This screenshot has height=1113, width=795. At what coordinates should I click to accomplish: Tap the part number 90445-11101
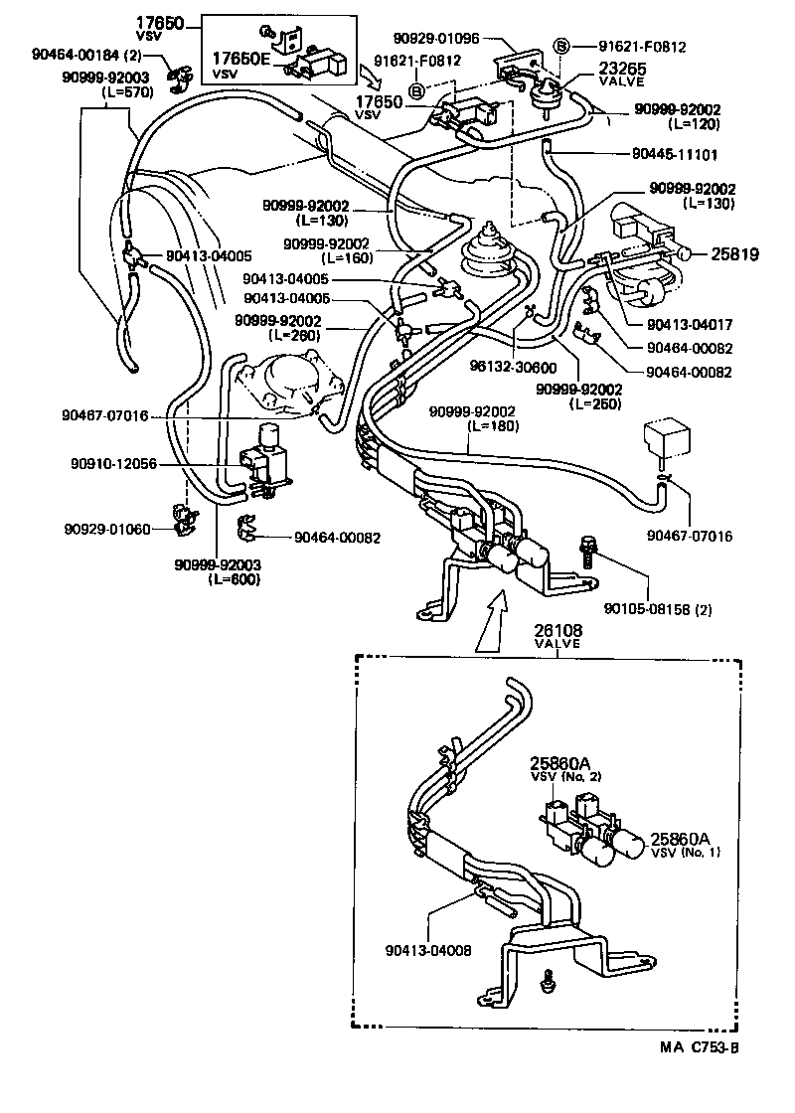[675, 155]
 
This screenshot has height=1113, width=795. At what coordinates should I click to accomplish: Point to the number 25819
[734, 254]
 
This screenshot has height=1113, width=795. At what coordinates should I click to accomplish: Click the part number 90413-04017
[689, 324]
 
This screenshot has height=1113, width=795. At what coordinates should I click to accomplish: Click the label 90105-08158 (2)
[657, 609]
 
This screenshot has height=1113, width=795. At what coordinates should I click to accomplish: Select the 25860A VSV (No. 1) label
[686, 845]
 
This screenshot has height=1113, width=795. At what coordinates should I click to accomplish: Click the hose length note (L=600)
[235, 579]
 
